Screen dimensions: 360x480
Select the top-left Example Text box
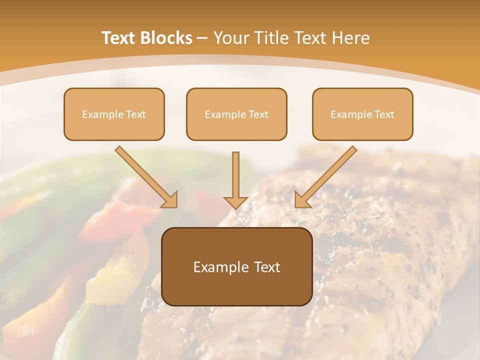pyautogui.click(x=114, y=114)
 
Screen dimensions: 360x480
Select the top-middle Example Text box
pyautogui.click(x=236, y=114)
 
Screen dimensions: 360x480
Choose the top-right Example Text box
pyautogui.click(x=362, y=114)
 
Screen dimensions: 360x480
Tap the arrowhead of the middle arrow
pyautogui.click(x=235, y=202)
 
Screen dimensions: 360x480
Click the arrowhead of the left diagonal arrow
pyautogui.click(x=170, y=200)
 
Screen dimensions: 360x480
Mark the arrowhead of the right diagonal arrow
pyautogui.click(x=301, y=200)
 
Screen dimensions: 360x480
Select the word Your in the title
pyautogui.click(x=230, y=38)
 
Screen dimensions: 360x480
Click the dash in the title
pyautogui.click(x=202, y=38)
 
